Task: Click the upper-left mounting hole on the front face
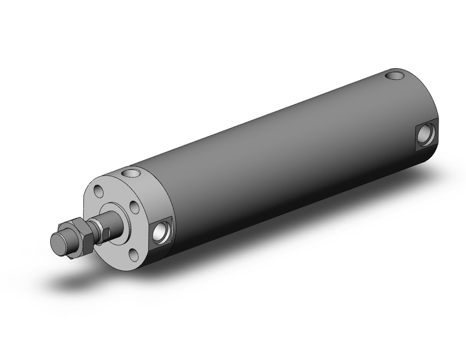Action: (99, 191)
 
